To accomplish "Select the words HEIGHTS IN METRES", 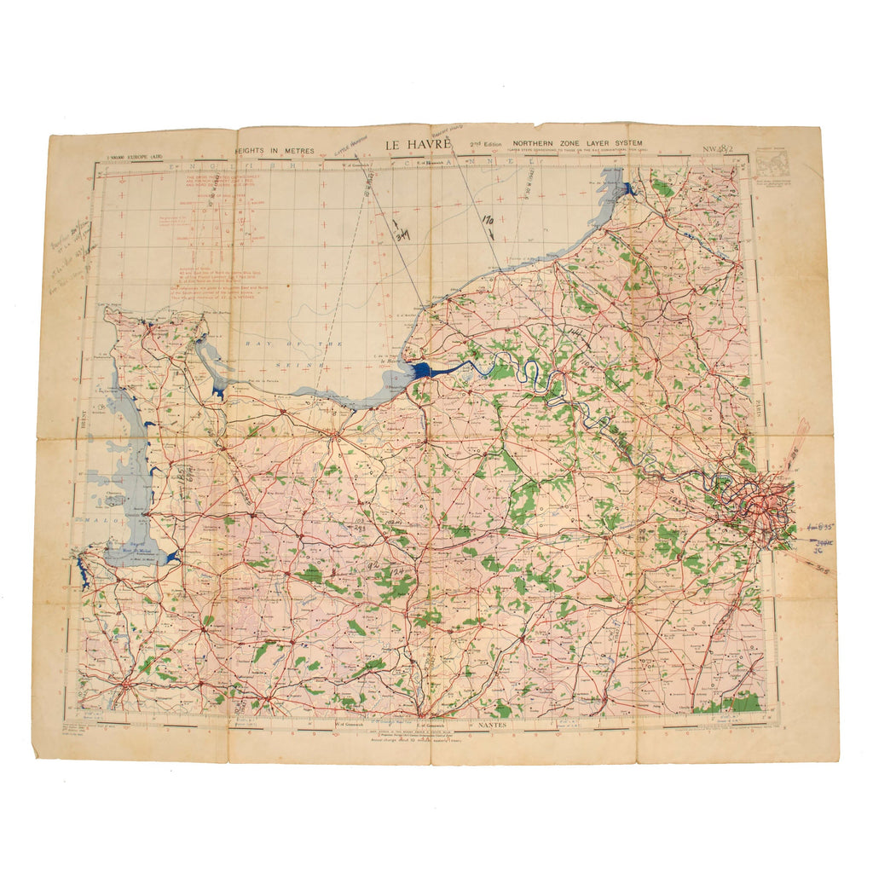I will coord(275,151).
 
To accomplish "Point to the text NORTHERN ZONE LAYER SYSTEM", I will coord(577,144).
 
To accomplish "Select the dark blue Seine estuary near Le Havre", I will coord(424,371).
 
